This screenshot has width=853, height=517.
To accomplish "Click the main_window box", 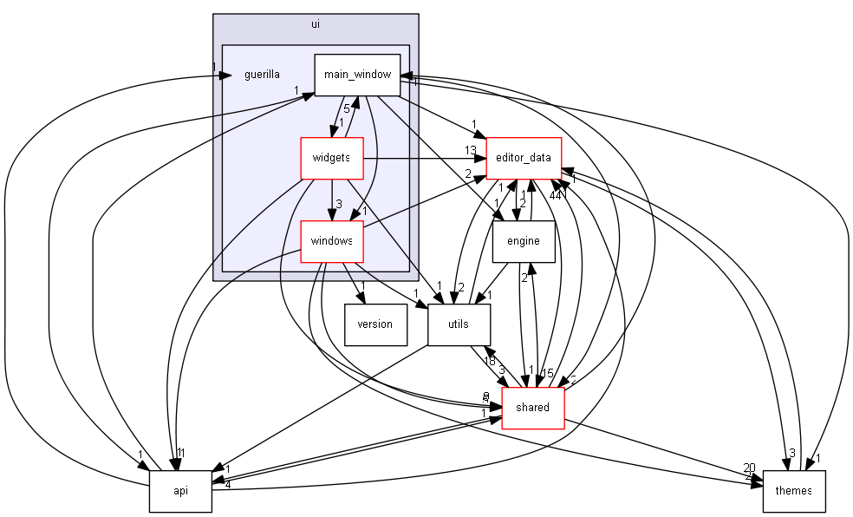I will (x=357, y=75).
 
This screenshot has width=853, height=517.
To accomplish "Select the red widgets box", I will (x=330, y=158).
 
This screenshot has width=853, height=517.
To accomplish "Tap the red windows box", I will (x=330, y=241).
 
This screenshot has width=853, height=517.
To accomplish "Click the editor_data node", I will (x=524, y=158).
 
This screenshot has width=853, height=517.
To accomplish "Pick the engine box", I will (x=523, y=241).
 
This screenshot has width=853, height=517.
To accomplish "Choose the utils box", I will (x=459, y=324).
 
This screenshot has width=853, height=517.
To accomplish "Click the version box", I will (x=374, y=324).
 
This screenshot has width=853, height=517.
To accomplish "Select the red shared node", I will (x=532, y=408).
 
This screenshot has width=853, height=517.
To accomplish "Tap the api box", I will (x=180, y=491).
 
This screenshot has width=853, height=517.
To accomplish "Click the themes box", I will (x=793, y=491).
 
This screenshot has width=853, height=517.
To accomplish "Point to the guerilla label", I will (x=262, y=75).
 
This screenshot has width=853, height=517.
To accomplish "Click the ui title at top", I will (x=316, y=23).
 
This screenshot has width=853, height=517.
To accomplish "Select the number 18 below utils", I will (x=489, y=361).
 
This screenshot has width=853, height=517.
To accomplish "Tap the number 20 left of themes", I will (x=749, y=468).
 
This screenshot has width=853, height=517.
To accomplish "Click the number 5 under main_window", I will (x=346, y=109).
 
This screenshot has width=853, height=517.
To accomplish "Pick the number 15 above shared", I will (x=547, y=374).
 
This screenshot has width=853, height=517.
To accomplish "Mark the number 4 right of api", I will (x=228, y=484).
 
